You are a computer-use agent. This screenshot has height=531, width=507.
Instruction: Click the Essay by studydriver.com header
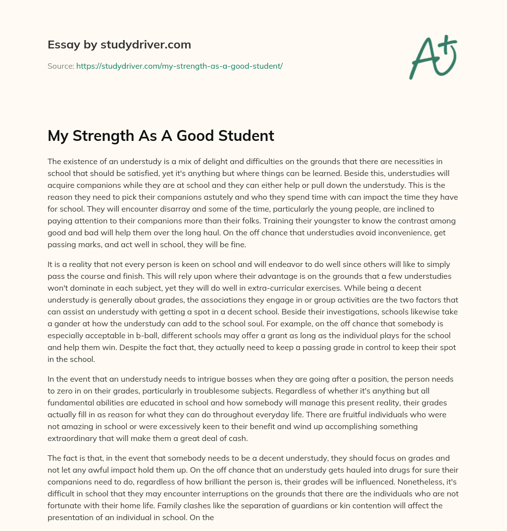coord(119,45)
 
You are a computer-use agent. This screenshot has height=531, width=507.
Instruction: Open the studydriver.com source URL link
coord(179,65)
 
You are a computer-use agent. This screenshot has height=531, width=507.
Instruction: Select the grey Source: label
coord(60,65)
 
